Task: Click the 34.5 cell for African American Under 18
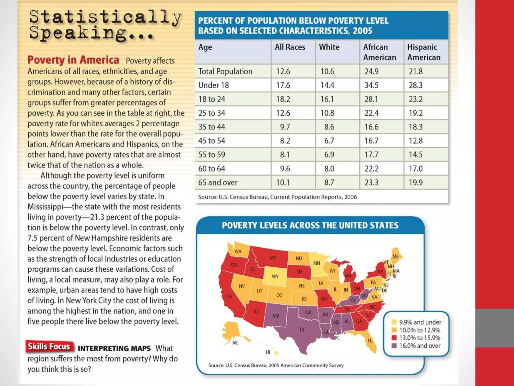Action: (x=371, y=85)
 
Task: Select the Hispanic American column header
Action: (x=424, y=52)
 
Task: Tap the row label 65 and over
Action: (x=218, y=182)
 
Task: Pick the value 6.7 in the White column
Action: (x=329, y=141)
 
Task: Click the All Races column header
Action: (x=290, y=47)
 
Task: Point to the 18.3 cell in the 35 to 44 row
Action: (x=416, y=127)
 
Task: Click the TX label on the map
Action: (x=302, y=329)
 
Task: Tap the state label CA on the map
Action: (x=229, y=296)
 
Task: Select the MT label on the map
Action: (x=273, y=258)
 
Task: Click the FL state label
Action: (x=370, y=341)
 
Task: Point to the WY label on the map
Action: (x=275, y=276)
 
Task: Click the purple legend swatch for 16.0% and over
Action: (x=394, y=346)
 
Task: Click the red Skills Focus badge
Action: (x=49, y=347)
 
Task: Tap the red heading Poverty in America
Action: (x=73, y=60)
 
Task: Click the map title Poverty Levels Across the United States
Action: (x=310, y=225)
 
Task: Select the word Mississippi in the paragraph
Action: (x=45, y=207)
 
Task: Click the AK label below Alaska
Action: (x=235, y=343)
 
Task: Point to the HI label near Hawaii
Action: (x=268, y=352)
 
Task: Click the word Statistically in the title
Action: (x=105, y=17)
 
